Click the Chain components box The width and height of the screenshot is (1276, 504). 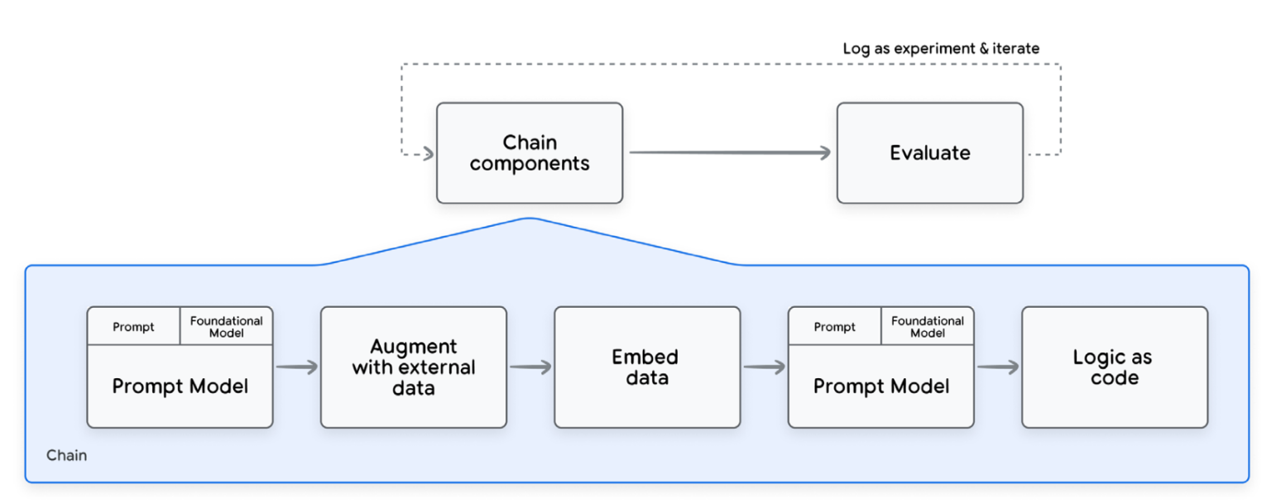tap(529, 153)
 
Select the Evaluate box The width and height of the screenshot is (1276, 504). tap(929, 153)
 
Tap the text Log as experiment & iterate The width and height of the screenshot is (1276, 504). tap(941, 49)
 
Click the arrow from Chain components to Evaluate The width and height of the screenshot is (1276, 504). tap(729, 153)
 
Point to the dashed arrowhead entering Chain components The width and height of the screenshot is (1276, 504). tap(428, 154)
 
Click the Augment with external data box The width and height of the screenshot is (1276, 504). tap(413, 367)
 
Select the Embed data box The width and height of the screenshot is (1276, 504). tap(646, 367)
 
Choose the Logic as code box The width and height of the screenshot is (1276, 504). tap(1114, 367)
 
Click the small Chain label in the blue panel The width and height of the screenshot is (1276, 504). tap(66, 456)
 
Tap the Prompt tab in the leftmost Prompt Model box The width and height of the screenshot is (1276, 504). tap(133, 327)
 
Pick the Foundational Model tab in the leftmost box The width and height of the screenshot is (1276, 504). tap(226, 327)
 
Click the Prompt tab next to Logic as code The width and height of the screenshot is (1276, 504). tap(834, 327)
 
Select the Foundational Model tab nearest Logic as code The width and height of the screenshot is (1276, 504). tap(927, 327)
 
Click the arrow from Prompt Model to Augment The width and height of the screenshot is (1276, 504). tap(296, 367)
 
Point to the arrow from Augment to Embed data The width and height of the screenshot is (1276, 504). tap(530, 367)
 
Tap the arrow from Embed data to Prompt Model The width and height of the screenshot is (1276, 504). tap(764, 367)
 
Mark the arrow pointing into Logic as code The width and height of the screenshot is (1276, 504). tap(997, 367)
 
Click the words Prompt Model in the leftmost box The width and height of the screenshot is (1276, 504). tap(180, 386)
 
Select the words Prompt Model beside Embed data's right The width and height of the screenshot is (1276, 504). tap(880, 386)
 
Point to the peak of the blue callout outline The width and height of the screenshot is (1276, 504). tap(529, 219)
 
